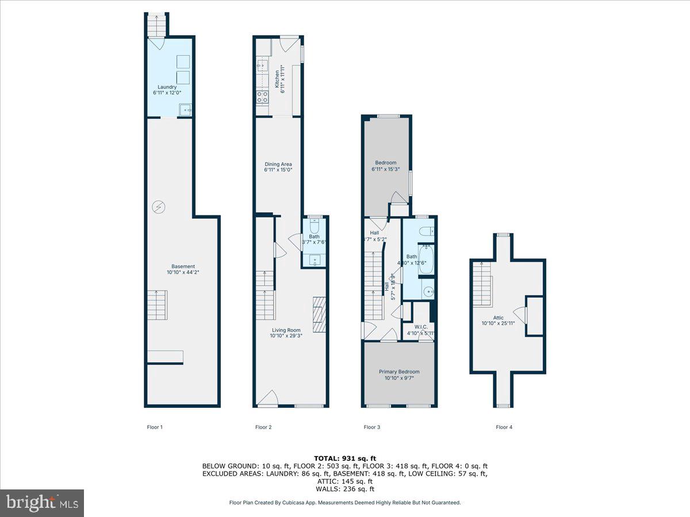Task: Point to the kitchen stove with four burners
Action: pos(263,97)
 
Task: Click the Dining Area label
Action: pos(278,167)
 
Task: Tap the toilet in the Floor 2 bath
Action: pos(315,224)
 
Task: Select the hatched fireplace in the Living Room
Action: pos(320,315)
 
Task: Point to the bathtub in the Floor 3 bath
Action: pos(426,258)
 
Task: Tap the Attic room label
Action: pos(498,320)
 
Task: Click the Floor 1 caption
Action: pos(155,427)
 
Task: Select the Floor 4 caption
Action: pos(504,427)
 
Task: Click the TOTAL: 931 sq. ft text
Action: pos(344,458)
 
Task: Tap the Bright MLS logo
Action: pos(42,503)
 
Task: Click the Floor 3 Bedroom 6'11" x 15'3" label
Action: pos(386,166)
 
